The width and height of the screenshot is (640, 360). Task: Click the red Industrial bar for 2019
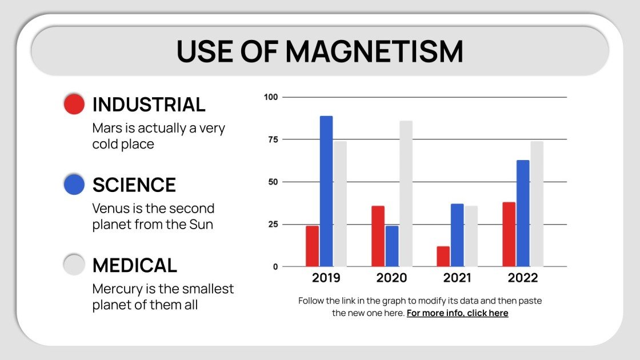pyautogui.click(x=312, y=246)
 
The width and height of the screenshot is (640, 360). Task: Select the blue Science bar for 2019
pyautogui.click(x=326, y=191)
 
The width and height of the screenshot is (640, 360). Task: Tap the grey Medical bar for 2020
pyautogui.click(x=406, y=194)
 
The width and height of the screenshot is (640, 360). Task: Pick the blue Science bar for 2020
pyautogui.click(x=392, y=246)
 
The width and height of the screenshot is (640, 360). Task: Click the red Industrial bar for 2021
pyautogui.click(x=443, y=257)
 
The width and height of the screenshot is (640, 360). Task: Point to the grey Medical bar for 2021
pyautogui.click(x=471, y=236)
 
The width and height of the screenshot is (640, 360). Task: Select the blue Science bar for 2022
pyautogui.click(x=523, y=213)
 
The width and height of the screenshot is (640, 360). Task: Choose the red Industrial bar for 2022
pyautogui.click(x=509, y=234)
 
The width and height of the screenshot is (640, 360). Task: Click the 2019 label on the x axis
pyautogui.click(x=326, y=278)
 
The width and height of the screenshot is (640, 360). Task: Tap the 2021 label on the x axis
pyautogui.click(x=457, y=278)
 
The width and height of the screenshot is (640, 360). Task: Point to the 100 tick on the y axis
pyautogui.click(x=270, y=97)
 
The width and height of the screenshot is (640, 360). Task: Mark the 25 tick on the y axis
pyautogui.click(x=273, y=224)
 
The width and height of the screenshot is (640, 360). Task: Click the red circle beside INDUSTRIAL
pyautogui.click(x=74, y=104)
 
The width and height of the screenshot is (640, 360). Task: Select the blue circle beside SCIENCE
pyautogui.click(x=74, y=185)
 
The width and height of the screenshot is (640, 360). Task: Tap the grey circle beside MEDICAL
pyautogui.click(x=74, y=265)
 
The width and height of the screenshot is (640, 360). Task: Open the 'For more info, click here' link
pyautogui.click(x=457, y=313)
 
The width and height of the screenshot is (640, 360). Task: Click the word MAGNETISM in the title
pyautogui.click(x=374, y=51)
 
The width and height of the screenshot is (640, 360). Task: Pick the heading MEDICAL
pyautogui.click(x=135, y=265)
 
